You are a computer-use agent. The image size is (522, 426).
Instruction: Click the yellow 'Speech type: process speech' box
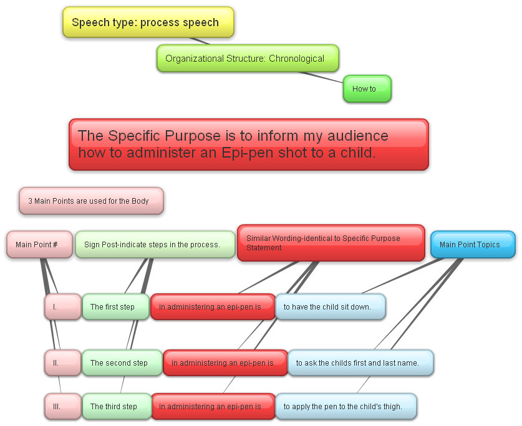(x=148, y=22)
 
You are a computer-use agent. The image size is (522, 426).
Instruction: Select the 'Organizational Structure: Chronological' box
(x=248, y=58)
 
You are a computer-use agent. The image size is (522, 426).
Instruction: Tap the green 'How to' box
(x=367, y=89)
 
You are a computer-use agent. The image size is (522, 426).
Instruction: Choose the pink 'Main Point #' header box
(x=39, y=244)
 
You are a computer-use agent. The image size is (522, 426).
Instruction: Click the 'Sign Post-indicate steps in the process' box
(x=155, y=244)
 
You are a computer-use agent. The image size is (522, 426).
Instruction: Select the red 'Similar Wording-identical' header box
(x=331, y=243)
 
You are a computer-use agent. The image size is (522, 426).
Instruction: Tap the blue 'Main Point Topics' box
(x=473, y=244)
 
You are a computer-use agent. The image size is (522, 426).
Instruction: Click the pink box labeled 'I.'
(x=63, y=306)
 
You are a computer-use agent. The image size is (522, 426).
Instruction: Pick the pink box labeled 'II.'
(x=63, y=363)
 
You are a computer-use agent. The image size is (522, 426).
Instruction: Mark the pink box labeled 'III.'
(x=63, y=406)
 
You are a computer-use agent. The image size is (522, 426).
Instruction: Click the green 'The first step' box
(x=115, y=306)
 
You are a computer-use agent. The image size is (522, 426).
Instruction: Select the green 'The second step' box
(x=122, y=363)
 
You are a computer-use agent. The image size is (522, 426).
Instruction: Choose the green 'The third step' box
(x=117, y=406)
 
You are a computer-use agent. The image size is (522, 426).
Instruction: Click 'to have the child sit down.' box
(x=331, y=306)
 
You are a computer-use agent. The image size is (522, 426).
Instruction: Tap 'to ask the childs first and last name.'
(x=360, y=363)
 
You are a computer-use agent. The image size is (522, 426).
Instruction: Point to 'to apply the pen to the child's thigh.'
(x=346, y=406)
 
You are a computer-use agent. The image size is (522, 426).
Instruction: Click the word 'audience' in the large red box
(x=358, y=136)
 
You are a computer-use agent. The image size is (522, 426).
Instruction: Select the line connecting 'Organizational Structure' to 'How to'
(x=321, y=77)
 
